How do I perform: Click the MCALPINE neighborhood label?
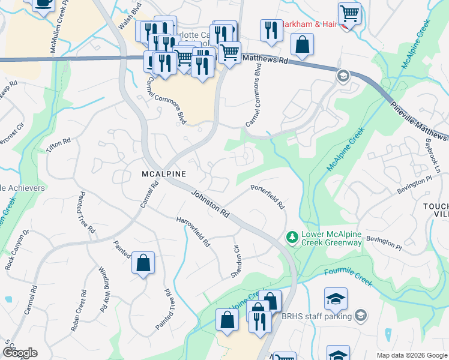(163, 173)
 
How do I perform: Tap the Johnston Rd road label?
(211, 204)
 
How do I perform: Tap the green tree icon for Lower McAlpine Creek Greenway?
(292, 238)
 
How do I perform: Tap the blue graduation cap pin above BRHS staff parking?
(336, 298)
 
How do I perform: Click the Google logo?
(20, 353)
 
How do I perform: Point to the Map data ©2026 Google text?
(412, 355)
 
